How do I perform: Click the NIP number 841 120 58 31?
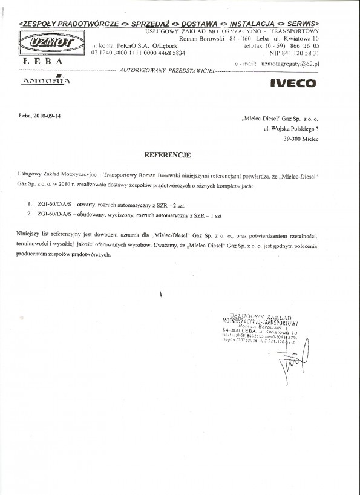coord(295,53)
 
